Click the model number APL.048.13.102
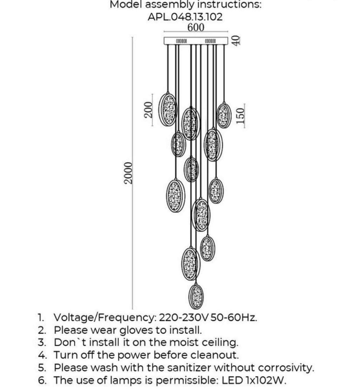[185, 17]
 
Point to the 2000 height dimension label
[128, 173]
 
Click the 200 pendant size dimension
[148, 110]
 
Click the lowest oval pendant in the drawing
[196, 297]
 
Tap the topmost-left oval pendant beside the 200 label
[168, 109]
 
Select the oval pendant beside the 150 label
[224, 116]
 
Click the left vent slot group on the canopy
[181, 41]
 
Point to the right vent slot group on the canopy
[210, 41]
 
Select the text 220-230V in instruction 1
[184, 317]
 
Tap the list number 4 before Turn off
[42, 355]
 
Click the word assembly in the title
[169, 4]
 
